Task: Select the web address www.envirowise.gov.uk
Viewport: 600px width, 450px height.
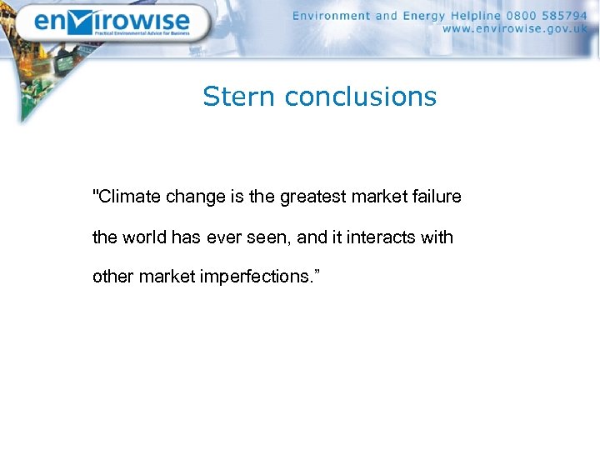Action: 515,27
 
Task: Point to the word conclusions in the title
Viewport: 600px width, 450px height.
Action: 360,97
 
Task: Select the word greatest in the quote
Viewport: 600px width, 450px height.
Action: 312,197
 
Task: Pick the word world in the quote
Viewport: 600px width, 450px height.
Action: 145,237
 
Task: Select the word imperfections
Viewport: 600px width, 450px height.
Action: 254,277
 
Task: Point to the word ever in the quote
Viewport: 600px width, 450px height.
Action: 220,237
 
